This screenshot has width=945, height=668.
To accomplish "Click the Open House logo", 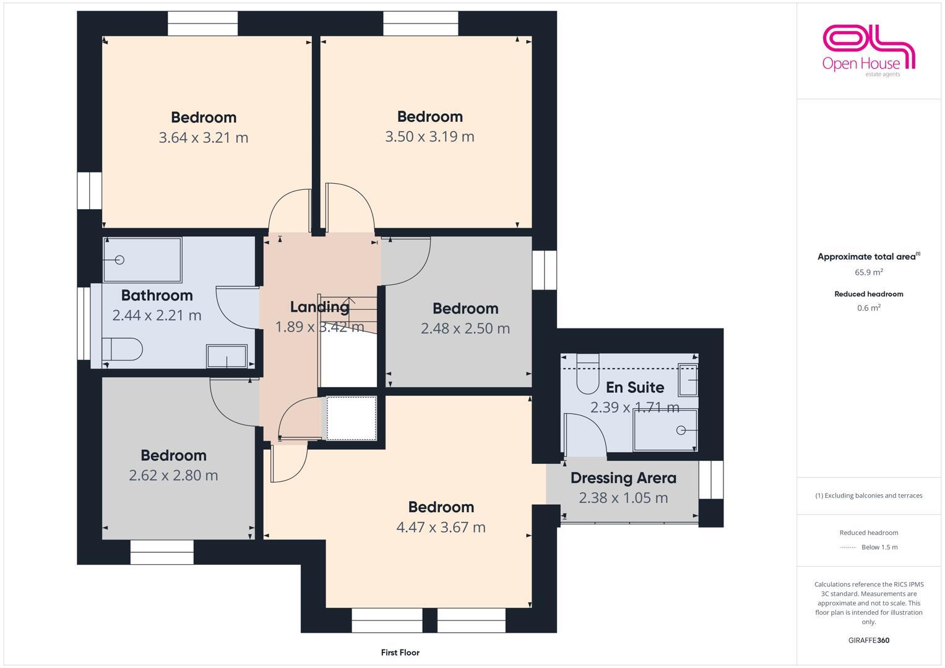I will point(868,49).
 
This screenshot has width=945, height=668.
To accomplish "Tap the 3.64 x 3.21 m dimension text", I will point(203,137).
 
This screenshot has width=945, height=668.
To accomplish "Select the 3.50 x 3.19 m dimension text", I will point(429,137).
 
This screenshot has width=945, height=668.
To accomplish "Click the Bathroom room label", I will point(157,295).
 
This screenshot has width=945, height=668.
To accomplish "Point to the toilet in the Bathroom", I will point(123,349).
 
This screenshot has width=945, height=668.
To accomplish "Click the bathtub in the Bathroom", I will point(142,260).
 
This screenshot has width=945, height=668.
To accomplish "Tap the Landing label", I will point(319,307).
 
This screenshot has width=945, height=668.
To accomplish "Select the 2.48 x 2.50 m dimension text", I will point(465,328).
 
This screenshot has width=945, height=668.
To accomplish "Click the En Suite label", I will point(634,387).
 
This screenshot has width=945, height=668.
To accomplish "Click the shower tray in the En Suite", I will point(666,430).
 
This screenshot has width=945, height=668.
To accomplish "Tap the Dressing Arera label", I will point(623,478).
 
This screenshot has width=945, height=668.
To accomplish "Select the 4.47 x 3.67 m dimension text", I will point(441,528).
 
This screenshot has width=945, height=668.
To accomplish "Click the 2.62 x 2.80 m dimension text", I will point(173,476).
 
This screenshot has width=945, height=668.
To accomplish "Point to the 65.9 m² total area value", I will point(868,272).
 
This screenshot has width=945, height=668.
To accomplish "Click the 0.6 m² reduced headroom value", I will point(868,308).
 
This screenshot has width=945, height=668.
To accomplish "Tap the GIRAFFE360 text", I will point(868,640).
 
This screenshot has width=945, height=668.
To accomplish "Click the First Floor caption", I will point(400,653).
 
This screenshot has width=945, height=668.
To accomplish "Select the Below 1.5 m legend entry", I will point(879,547).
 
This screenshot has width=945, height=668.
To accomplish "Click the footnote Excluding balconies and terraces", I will point(868,495).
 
